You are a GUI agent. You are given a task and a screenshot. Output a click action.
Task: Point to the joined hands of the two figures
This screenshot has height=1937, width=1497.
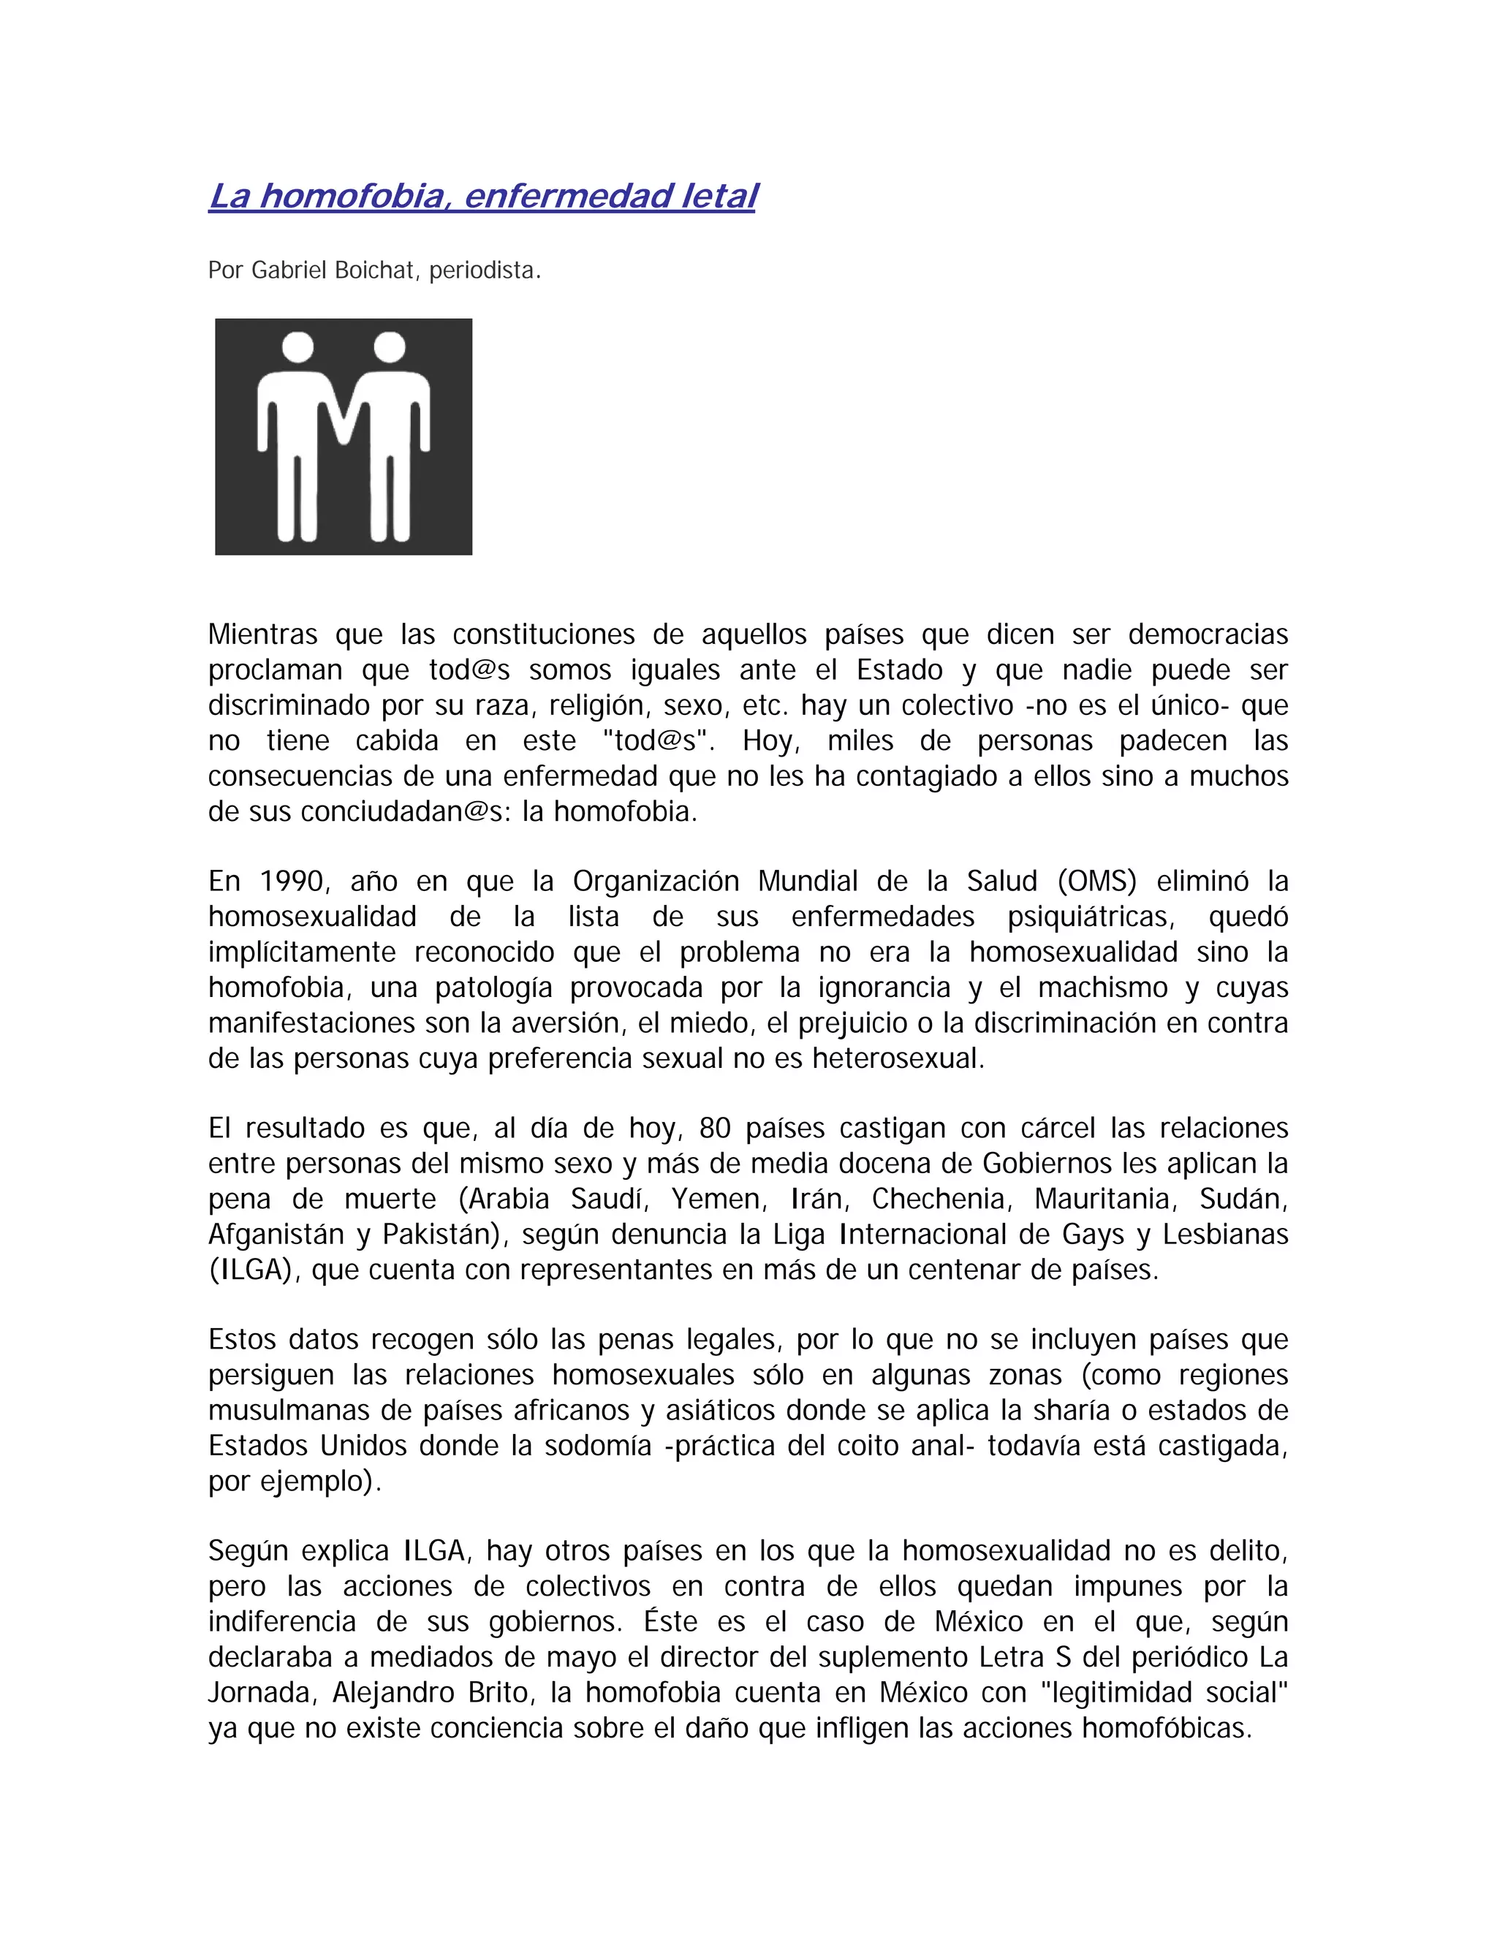(344, 424)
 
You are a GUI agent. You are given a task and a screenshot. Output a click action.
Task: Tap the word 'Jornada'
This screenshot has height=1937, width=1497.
(262, 1692)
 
